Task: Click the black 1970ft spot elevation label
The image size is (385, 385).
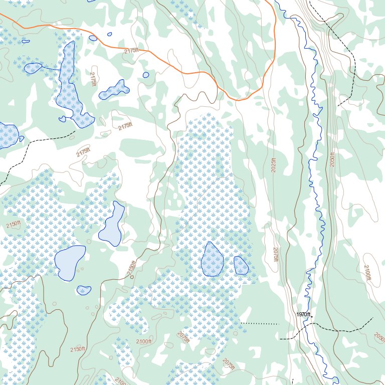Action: tap(303, 314)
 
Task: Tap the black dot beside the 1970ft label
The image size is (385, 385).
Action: tap(312, 317)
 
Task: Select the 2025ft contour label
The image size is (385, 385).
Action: tap(274, 163)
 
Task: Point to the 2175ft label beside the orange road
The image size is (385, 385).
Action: tap(131, 51)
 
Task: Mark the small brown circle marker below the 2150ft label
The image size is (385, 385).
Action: tap(132, 276)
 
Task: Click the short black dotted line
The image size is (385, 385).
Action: tap(259, 324)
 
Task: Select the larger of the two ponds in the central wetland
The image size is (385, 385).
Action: tap(212, 259)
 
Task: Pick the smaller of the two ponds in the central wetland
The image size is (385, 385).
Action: tap(241, 266)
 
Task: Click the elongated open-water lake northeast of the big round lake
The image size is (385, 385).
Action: tap(112, 225)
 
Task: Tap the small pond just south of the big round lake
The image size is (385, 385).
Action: tap(84, 290)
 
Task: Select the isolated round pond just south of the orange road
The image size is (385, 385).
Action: tap(146, 75)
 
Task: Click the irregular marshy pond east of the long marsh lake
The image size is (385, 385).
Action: tap(115, 90)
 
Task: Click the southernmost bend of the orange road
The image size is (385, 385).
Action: tap(240, 100)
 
